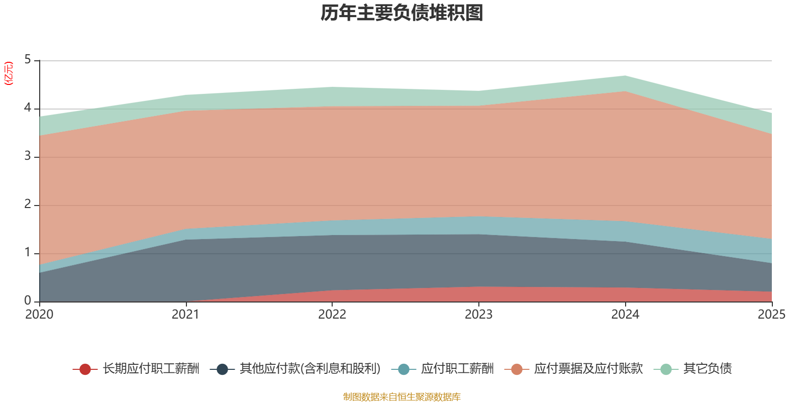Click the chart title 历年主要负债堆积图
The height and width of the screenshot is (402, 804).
[x=401, y=13]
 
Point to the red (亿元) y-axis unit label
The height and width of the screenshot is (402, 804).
[x=9, y=73]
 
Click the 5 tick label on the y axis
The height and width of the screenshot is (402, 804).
[x=28, y=60]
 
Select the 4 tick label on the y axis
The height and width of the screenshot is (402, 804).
[x=28, y=108]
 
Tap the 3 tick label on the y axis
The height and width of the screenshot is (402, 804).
[x=28, y=156]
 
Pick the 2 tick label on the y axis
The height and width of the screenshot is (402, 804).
[x=28, y=204]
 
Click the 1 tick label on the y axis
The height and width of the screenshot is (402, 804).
[x=28, y=253]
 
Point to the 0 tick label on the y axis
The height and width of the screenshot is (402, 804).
[x=28, y=301]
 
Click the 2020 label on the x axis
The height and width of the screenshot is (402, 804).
[x=39, y=315]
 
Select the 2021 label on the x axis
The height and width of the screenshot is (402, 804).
[x=185, y=315]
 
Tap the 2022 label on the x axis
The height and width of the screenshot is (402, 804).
[x=332, y=315]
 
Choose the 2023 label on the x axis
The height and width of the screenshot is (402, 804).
[x=479, y=315]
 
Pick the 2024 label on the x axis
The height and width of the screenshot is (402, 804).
[x=625, y=315]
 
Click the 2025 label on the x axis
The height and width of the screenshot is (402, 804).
[x=772, y=315]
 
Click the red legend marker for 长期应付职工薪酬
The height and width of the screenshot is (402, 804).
[x=85, y=369]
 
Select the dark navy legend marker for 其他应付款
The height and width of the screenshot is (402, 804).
[x=223, y=369]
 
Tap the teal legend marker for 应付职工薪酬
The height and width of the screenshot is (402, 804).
[x=404, y=369]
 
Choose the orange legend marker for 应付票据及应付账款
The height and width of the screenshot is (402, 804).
[x=517, y=369]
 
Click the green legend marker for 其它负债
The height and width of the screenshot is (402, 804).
[x=666, y=369]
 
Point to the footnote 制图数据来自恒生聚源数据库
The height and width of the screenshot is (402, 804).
[x=401, y=396]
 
